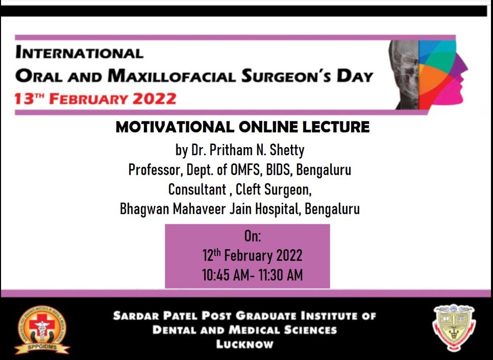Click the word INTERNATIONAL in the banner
(79, 52)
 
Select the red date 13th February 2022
(95, 99)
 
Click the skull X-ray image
(404, 75)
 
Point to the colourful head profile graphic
(442, 75)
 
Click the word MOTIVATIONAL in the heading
(175, 127)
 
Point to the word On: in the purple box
(253, 236)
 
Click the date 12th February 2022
(252, 255)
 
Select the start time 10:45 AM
(226, 275)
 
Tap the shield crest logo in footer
(454, 328)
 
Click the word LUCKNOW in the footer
(244, 344)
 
